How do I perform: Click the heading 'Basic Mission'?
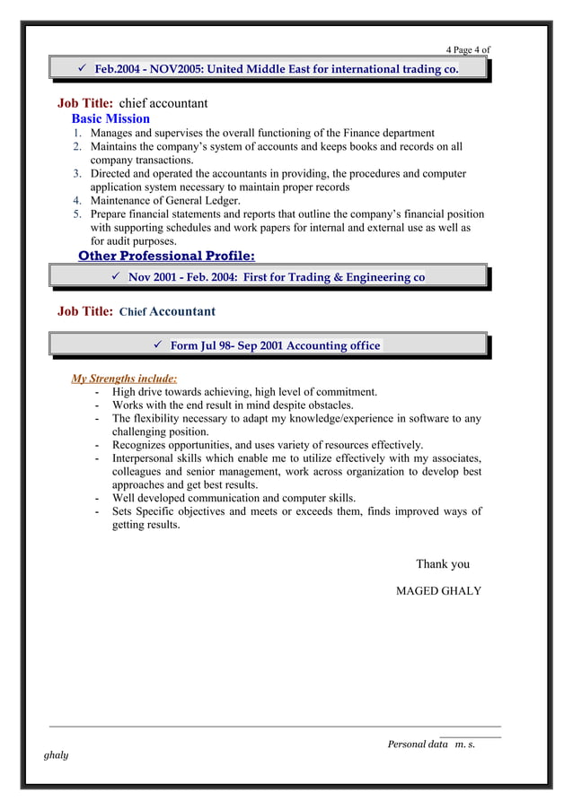coord(110,118)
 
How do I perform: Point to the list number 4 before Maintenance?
coord(78,201)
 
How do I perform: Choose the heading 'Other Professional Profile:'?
coord(166,257)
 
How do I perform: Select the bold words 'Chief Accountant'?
coord(167,311)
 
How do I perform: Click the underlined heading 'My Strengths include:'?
coord(124,379)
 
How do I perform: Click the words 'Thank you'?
coord(443,564)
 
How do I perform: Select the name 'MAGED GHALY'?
coord(438,591)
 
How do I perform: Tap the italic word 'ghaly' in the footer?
coord(56,755)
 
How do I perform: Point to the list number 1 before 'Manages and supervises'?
coord(78,134)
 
